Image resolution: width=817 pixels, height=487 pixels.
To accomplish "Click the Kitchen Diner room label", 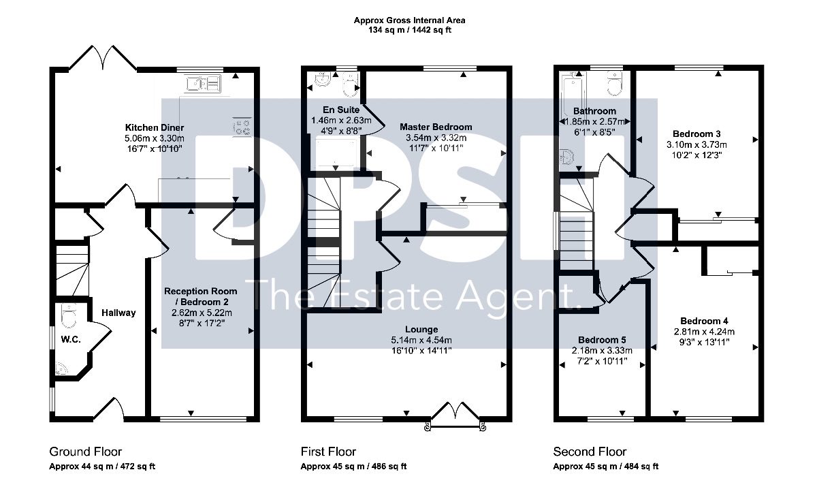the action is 155,127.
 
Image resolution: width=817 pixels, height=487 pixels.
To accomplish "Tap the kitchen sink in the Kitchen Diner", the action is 203,84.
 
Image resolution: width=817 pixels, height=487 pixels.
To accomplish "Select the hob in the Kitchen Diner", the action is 242,127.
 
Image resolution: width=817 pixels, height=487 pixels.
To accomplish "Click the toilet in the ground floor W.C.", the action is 69,315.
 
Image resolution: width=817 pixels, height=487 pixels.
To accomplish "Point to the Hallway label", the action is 118,313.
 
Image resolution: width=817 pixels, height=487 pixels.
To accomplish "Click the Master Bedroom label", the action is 436,127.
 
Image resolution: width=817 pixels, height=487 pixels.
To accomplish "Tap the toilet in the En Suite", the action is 351,84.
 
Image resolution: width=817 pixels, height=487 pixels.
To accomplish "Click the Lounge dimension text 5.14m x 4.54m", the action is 421,341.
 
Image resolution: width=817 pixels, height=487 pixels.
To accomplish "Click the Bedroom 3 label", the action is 696,134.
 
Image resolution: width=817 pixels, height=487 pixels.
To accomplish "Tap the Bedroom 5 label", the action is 602,340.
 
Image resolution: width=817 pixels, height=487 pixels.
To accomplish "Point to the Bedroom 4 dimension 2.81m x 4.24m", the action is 704,332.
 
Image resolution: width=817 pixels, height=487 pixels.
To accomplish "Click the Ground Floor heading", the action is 85,452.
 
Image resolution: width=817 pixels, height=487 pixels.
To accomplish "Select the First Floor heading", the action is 328,452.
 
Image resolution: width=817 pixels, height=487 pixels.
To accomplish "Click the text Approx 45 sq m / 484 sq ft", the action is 606,466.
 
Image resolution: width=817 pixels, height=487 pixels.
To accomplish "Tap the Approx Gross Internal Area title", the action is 410,20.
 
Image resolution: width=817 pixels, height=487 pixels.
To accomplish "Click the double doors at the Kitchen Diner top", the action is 103,58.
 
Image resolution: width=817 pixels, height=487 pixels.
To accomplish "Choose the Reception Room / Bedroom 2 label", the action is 201,296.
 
